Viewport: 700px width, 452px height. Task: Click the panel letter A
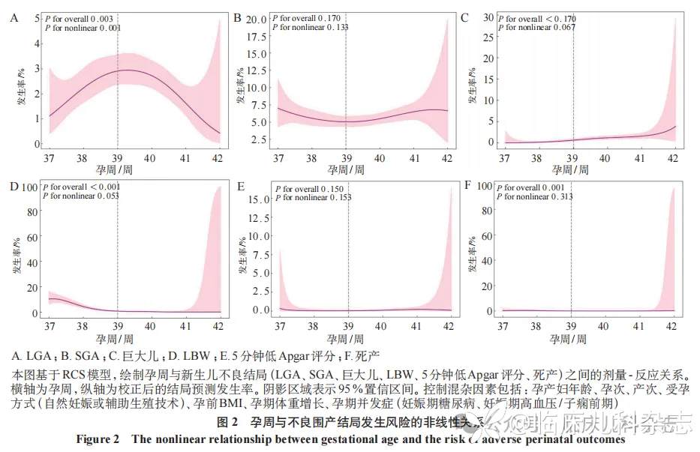click(14, 16)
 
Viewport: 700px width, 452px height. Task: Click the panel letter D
click(14, 183)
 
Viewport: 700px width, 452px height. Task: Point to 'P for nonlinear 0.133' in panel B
click(310, 27)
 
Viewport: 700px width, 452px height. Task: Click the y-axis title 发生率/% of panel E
click(241, 251)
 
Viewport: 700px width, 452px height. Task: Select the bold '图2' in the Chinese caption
click(227, 423)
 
